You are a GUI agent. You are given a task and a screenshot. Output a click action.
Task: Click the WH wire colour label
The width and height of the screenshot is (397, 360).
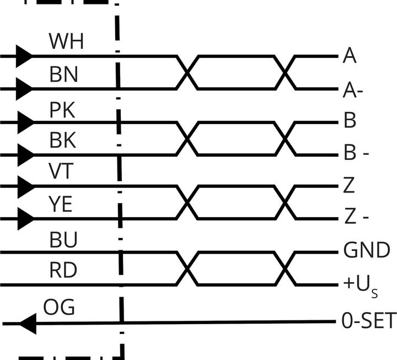pyautogui.click(x=66, y=41)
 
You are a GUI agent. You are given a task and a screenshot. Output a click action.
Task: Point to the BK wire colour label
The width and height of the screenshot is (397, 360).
pyautogui.click(x=63, y=141)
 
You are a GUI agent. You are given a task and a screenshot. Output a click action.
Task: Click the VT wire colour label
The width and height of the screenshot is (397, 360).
pyautogui.click(x=61, y=172)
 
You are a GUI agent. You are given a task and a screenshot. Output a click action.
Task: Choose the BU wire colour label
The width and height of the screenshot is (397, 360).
pyautogui.click(x=63, y=240)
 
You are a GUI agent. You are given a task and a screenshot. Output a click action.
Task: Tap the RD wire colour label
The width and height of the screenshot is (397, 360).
pyautogui.click(x=63, y=271)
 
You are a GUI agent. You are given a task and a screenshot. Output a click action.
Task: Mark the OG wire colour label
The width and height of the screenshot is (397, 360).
pyautogui.click(x=60, y=307)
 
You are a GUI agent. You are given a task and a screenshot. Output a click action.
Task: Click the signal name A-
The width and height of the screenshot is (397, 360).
pyautogui.click(x=353, y=90)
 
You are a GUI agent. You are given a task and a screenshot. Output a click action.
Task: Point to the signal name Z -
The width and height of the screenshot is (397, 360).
pyautogui.click(x=356, y=218)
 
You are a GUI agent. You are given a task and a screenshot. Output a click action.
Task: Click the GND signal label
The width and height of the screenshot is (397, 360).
pyautogui.click(x=366, y=251)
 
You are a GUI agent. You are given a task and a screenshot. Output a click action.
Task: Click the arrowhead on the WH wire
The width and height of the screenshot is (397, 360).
pyautogui.click(x=24, y=56)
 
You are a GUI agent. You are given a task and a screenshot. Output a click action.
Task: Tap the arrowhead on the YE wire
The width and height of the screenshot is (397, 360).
pyautogui.click(x=24, y=219)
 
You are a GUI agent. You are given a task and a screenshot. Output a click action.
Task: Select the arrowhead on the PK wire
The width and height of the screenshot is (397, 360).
pyautogui.click(x=24, y=122)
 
